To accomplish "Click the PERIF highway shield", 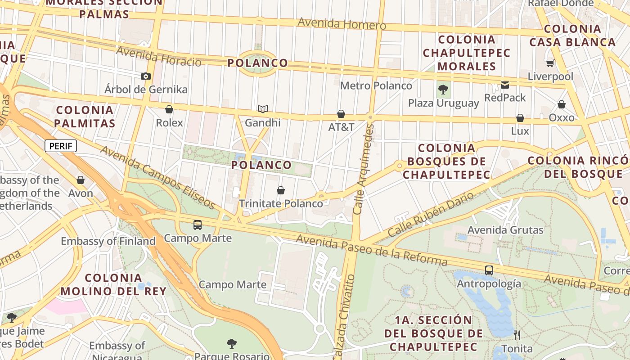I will (x=61, y=146).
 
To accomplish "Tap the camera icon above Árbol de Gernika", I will (x=145, y=76).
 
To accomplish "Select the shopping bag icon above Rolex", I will (x=169, y=109).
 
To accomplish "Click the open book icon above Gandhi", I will (x=263, y=109).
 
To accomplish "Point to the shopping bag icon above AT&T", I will (x=341, y=114).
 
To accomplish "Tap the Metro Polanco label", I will (x=376, y=85).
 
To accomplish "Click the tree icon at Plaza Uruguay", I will (x=443, y=90).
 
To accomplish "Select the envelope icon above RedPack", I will (x=505, y=85).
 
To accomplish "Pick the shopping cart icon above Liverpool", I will (x=550, y=63).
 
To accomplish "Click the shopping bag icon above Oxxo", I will (x=562, y=104).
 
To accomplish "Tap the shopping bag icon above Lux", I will (x=520, y=118).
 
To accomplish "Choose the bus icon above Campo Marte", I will (x=197, y=225).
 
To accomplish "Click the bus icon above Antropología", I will (x=489, y=270).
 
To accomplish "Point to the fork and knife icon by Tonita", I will (x=517, y=335).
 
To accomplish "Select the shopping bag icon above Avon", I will (x=81, y=180).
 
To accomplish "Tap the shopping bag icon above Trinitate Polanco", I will (x=281, y=190).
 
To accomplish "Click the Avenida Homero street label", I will (x=342, y=23).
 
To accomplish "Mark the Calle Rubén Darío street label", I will (x=431, y=214).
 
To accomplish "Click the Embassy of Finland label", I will (x=108, y=241).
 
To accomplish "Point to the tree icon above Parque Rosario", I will (x=232, y=344).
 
